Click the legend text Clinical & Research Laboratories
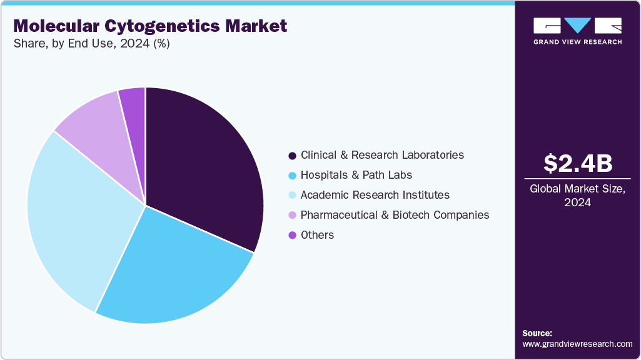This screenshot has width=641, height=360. tap(382, 155)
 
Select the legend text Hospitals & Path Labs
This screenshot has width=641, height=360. tap(356, 175)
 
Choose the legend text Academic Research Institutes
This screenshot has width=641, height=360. tap(375, 195)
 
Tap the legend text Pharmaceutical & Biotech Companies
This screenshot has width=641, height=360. tap(395, 215)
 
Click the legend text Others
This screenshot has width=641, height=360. tap(317, 235)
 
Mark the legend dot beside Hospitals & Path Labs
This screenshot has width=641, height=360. tap(292, 176)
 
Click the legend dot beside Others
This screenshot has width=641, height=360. tap(292, 236)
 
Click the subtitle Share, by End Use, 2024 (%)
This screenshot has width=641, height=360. tap(91, 44)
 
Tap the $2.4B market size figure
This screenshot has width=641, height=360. tap(578, 163)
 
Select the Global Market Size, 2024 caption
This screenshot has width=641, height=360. tap(578, 196)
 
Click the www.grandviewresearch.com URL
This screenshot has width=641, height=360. tap(577, 344)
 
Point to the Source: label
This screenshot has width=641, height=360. tap(537, 333)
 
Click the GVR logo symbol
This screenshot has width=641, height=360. tap(577, 26)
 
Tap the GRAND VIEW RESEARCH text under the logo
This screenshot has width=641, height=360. tap(577, 42)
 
